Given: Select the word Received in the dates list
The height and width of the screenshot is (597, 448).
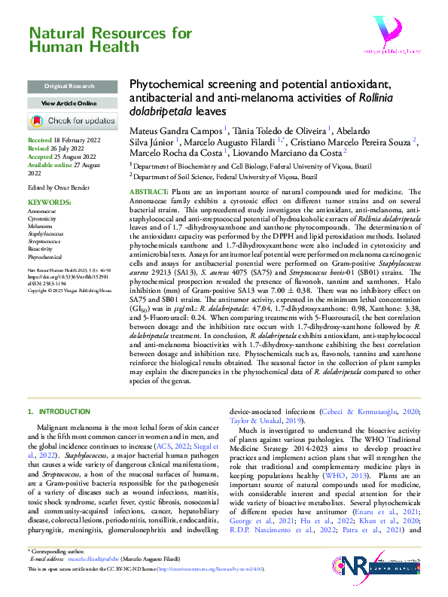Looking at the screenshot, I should pyautogui.click(x=40, y=141).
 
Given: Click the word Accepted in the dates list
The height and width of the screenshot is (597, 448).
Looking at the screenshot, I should pyautogui.click(x=41, y=157).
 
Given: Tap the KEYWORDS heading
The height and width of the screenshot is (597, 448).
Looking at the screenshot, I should pyautogui.click(x=48, y=182).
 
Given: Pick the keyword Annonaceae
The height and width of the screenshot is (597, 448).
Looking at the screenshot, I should pyautogui.click(x=41, y=190).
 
